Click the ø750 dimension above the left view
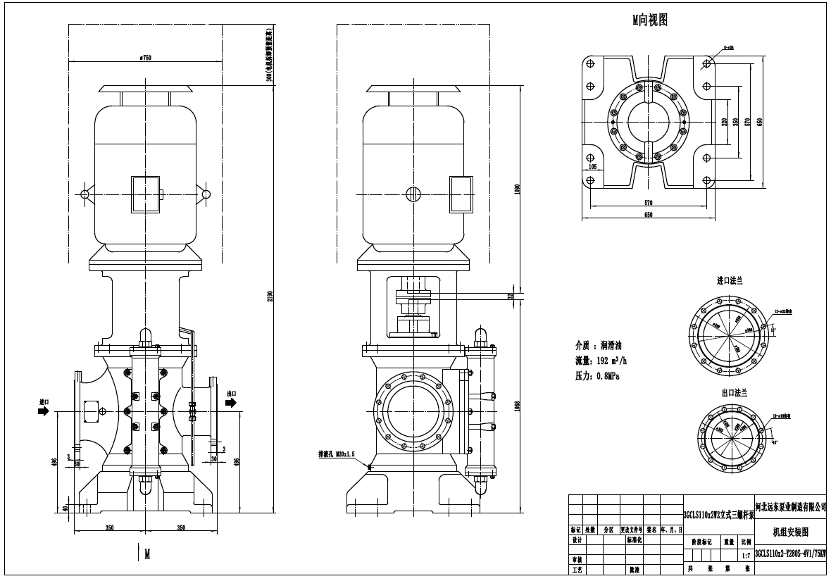146,58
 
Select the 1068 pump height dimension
517,408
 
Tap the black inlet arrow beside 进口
44,411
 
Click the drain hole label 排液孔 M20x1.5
339,455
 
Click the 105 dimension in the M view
592,168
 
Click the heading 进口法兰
730,280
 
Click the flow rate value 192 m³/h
611,361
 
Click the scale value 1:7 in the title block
745,556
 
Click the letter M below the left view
147,554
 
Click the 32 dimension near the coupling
510,296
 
